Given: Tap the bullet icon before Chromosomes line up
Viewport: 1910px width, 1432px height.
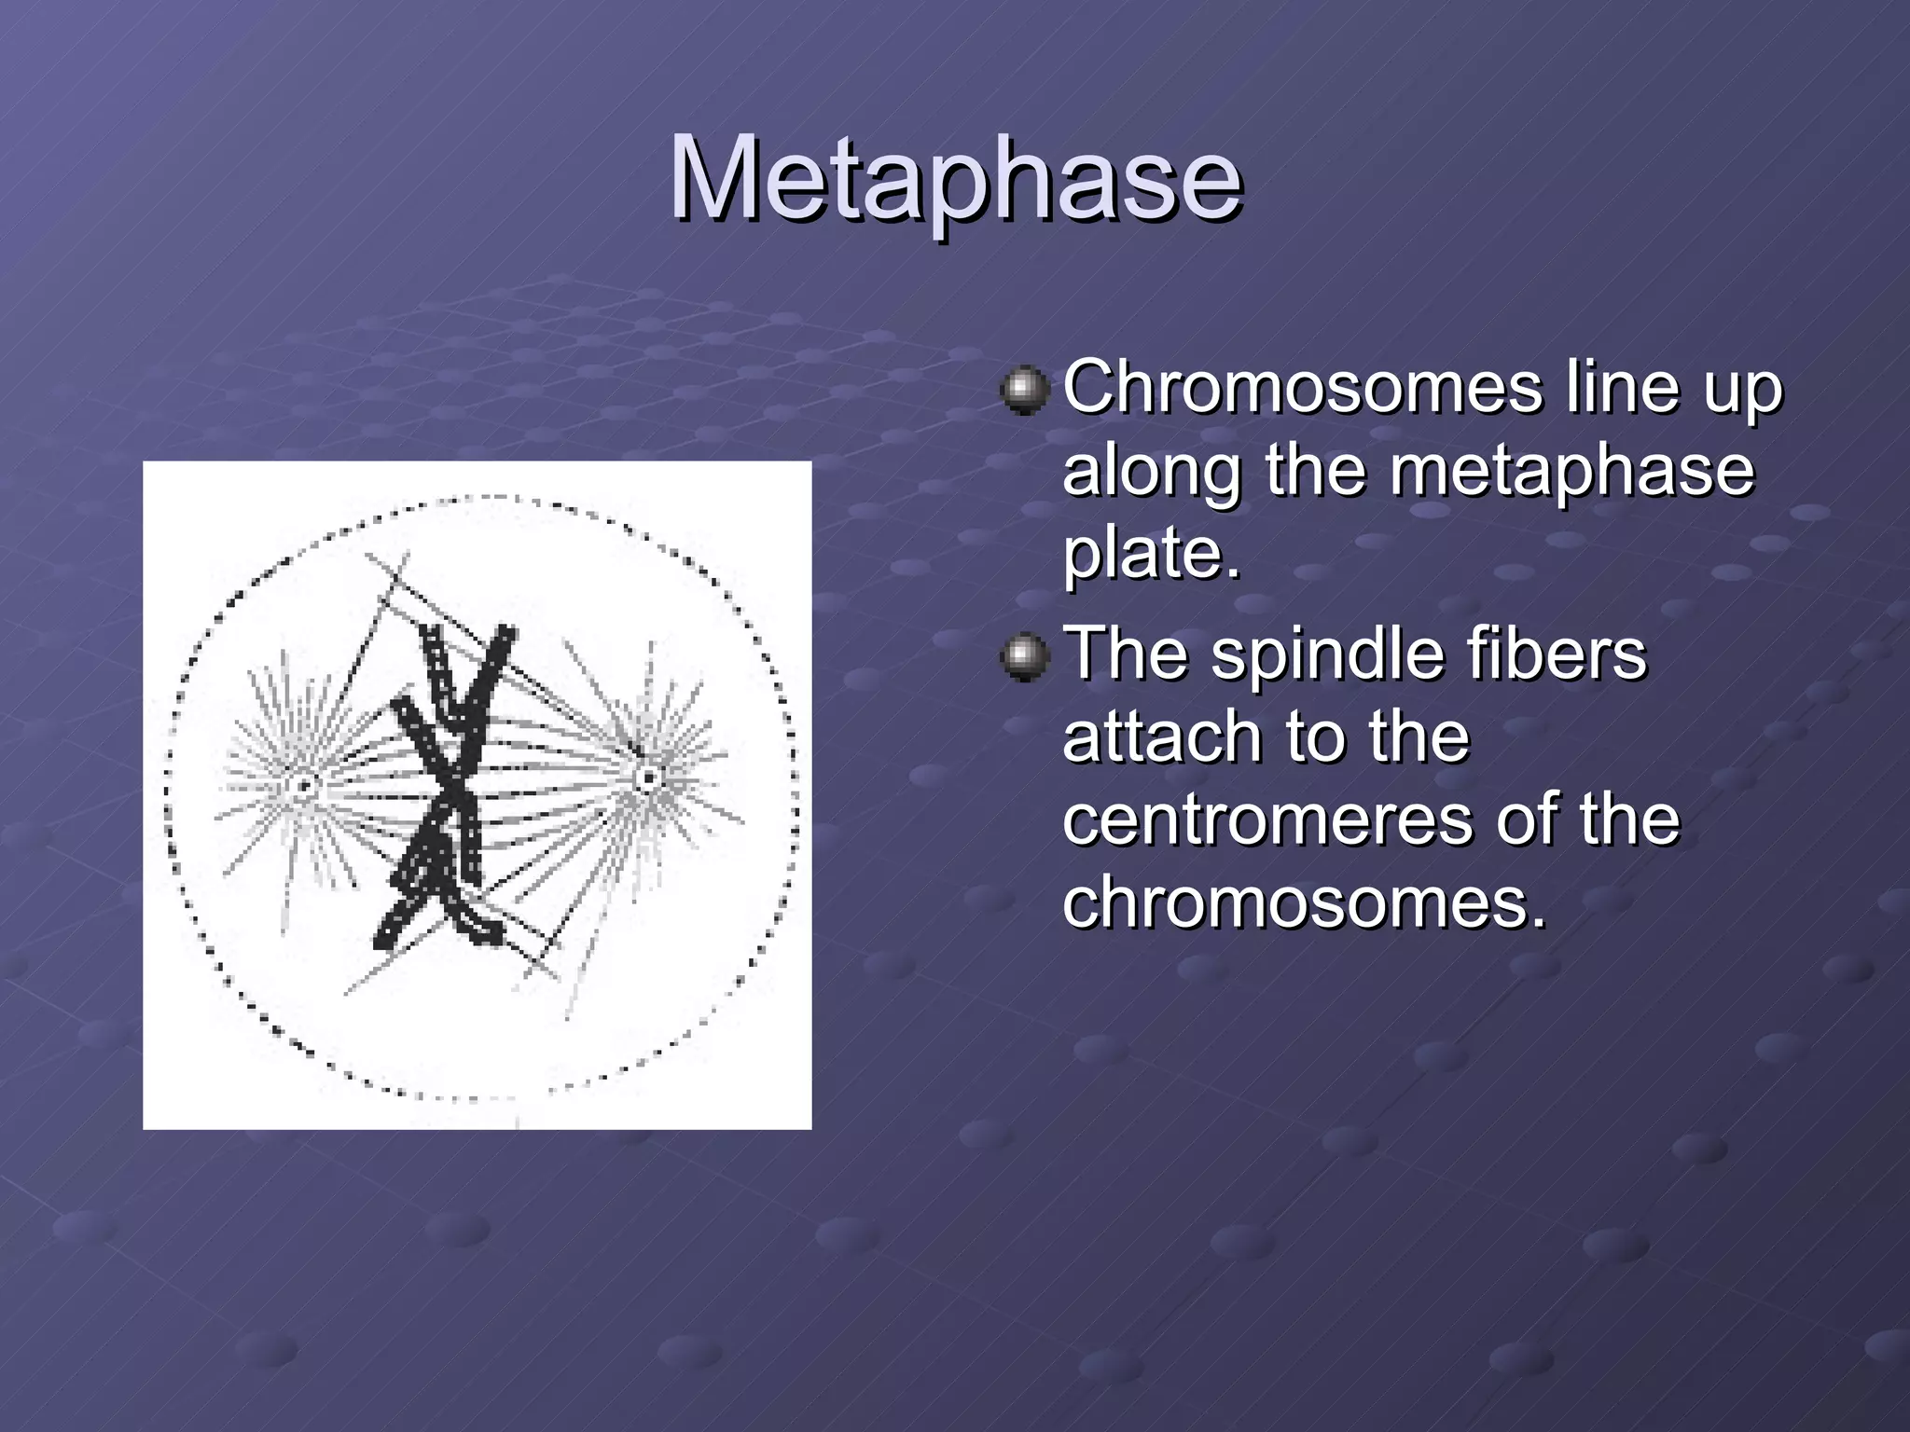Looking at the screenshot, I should tap(1025, 389).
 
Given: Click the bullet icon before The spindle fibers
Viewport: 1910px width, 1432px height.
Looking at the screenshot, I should tap(1025, 657).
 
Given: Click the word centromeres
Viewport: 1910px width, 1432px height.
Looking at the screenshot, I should tap(1268, 819).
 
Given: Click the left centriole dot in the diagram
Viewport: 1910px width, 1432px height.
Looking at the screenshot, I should tap(304, 785).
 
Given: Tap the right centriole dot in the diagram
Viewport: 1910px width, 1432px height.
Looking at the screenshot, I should tap(647, 778).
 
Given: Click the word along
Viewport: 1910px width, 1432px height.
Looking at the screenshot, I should tap(1153, 470).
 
